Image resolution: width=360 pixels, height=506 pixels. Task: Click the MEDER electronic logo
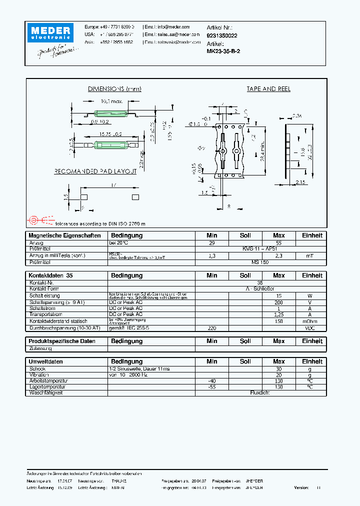[x=50, y=32]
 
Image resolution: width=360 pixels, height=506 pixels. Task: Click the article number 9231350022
[x=222, y=36]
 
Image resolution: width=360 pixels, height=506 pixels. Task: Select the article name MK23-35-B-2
[x=223, y=51]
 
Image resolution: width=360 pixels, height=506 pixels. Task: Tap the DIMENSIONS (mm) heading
[x=114, y=89]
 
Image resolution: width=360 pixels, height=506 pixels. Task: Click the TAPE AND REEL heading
[x=268, y=89]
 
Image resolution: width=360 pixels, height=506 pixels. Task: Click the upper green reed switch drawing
[x=109, y=114]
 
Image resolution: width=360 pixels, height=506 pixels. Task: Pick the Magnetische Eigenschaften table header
[x=64, y=235]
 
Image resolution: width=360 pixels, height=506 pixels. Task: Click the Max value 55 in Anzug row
[x=278, y=242]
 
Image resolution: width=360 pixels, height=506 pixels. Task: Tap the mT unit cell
[x=312, y=255]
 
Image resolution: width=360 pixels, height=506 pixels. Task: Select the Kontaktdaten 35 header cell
[x=50, y=275]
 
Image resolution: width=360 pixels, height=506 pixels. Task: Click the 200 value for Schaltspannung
[x=278, y=302]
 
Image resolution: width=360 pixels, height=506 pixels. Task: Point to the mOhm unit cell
[x=312, y=321]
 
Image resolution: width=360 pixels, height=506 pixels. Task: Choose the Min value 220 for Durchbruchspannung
[x=212, y=328]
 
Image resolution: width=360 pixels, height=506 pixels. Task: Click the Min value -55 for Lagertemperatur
[x=212, y=387]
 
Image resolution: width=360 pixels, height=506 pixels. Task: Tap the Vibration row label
[x=39, y=374]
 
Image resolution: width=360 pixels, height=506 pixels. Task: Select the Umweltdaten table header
[x=46, y=361]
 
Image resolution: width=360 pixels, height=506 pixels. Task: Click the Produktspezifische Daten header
[x=61, y=341]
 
